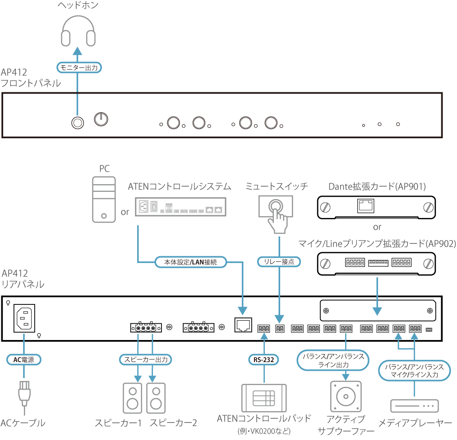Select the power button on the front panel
102,119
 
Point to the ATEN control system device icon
180,208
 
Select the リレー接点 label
279,262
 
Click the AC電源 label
24,359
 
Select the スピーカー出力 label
146,359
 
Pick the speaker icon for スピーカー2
155,398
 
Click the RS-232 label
263,359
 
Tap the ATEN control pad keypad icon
264,397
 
